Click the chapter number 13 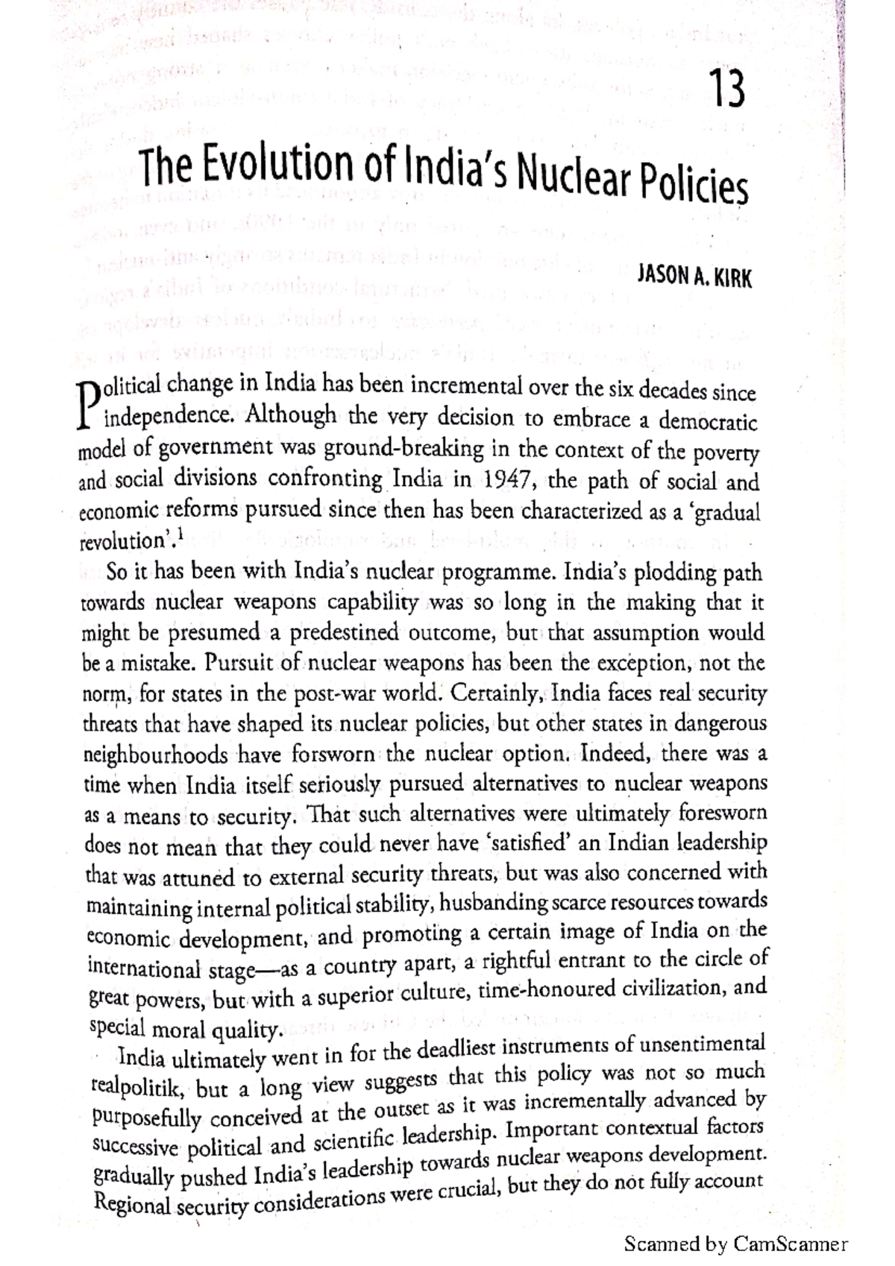[725, 92]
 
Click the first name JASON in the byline [661, 277]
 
